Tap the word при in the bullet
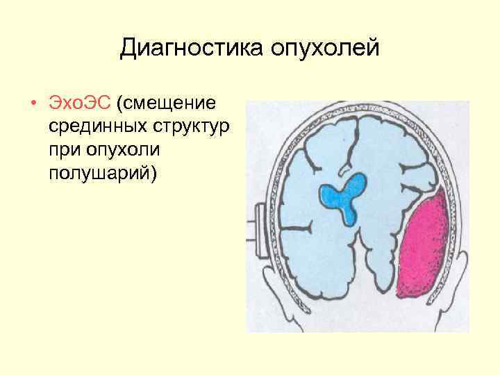[65, 150]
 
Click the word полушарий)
[103, 173]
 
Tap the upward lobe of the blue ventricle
[358, 182]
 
